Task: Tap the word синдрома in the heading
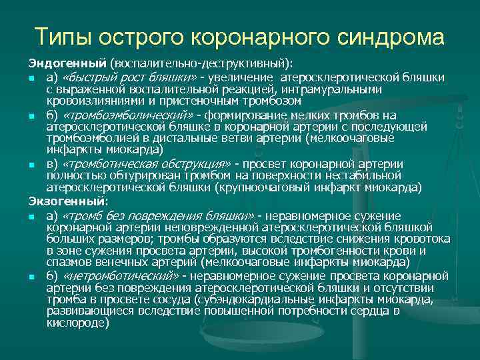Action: [382, 37]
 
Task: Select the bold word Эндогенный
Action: [67, 63]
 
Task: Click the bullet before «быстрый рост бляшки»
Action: [31, 79]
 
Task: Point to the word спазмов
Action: [67, 261]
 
